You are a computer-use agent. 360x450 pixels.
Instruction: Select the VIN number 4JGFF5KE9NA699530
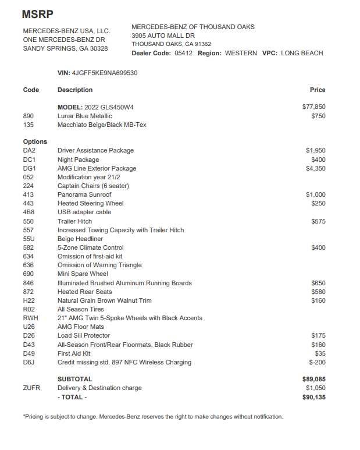click(x=105, y=73)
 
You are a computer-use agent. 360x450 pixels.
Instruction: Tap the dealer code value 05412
click(x=183, y=53)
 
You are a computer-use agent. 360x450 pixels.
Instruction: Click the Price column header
click(x=318, y=90)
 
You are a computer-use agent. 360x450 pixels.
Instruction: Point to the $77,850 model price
click(x=314, y=107)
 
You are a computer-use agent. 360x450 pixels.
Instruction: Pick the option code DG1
click(x=29, y=168)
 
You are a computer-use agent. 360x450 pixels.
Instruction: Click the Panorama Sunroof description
click(x=84, y=194)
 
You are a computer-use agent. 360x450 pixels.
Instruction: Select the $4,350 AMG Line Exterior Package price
click(x=316, y=168)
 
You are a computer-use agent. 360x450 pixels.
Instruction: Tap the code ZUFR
click(x=31, y=388)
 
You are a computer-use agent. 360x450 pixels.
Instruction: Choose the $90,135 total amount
click(x=314, y=397)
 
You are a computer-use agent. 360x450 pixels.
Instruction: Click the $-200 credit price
click(x=317, y=362)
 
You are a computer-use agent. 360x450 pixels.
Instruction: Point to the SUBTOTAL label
click(x=74, y=379)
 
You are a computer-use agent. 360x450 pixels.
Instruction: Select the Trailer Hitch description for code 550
click(x=74, y=221)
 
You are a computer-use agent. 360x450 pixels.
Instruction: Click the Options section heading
click(x=35, y=141)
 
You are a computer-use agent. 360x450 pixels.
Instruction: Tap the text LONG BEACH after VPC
click(x=302, y=53)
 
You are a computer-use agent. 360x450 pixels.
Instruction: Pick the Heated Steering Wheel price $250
click(x=318, y=203)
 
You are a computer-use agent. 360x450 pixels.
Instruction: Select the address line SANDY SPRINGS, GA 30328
click(x=65, y=48)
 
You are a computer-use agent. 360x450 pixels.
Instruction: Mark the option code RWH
click(x=30, y=318)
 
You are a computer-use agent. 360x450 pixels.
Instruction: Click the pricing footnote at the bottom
click(x=153, y=417)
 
